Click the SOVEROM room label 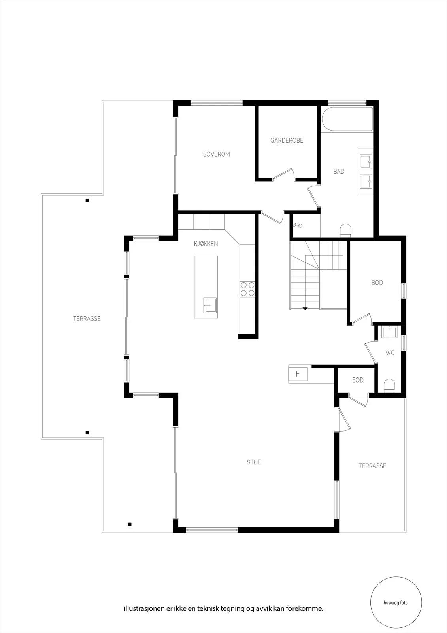point(216,154)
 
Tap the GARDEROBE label point(287,140)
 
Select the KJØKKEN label point(206,244)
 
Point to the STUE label point(254,462)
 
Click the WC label point(390,353)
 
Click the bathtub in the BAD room point(347,119)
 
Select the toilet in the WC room point(390,385)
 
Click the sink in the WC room point(389,332)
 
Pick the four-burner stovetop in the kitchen point(247,289)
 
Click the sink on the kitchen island point(210,305)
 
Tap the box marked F point(298,374)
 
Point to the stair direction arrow point(305,309)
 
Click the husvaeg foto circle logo point(396,603)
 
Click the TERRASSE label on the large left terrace point(87,318)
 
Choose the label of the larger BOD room point(377,282)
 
